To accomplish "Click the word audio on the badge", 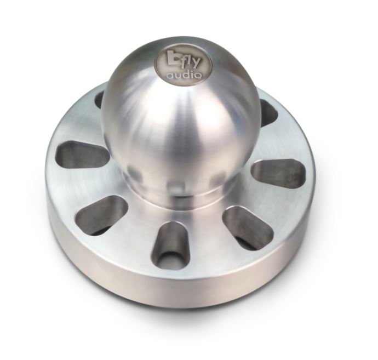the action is click(x=184, y=75).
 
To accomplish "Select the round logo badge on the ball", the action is click(x=184, y=66).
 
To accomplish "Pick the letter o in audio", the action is click(x=199, y=76).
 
